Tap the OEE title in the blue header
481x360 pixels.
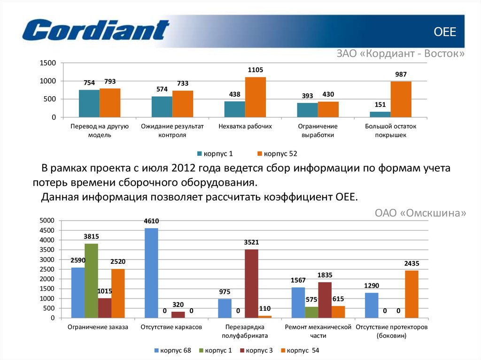[444, 32]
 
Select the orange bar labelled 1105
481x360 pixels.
[256, 97]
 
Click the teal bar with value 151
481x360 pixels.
[380, 114]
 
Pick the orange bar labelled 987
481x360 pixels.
[401, 99]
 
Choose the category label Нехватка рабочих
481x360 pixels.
[245, 127]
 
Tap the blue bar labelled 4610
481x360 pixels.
[151, 273]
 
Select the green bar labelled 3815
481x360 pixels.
[92, 281]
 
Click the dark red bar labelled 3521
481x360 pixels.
[251, 283]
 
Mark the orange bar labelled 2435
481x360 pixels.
[411, 294]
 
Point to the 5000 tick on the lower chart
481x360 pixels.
[47, 221]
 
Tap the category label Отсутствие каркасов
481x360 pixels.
[171, 327]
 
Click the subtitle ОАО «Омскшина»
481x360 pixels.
[420, 213]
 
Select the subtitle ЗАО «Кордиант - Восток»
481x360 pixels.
[400, 54]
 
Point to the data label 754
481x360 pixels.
[89, 83]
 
